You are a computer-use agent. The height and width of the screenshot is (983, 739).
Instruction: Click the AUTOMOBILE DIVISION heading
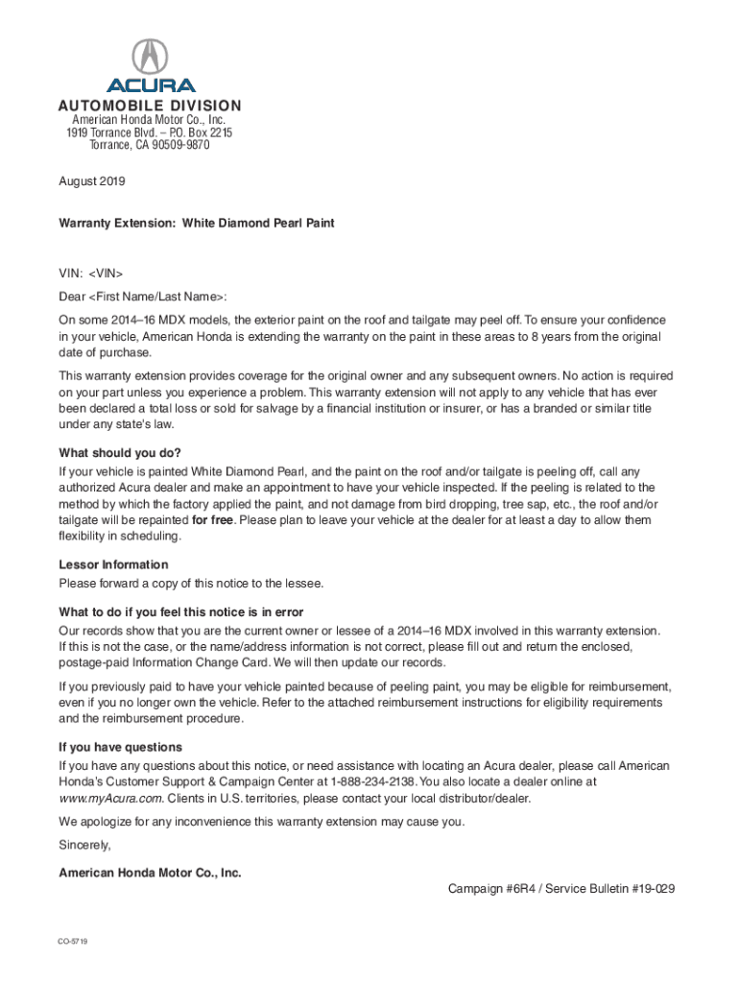[149, 106]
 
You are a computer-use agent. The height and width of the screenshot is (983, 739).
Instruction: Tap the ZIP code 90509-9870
[173, 145]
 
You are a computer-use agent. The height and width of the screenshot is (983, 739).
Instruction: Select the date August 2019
[92, 180]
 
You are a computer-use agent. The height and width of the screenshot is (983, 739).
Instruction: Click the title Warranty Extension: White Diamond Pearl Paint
[196, 223]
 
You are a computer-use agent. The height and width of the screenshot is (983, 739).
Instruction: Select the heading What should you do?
[120, 453]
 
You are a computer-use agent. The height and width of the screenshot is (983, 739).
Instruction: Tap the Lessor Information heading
[113, 564]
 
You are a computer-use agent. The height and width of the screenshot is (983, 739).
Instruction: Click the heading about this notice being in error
[181, 612]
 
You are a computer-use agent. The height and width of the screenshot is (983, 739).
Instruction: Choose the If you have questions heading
[120, 747]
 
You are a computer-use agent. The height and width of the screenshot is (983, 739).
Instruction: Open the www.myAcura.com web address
[110, 798]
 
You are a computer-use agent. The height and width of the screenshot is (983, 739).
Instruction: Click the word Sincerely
[84, 846]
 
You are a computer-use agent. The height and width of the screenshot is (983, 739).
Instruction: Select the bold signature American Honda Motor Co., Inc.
[150, 873]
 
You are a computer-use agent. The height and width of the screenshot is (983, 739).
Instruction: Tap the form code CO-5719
[73, 942]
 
